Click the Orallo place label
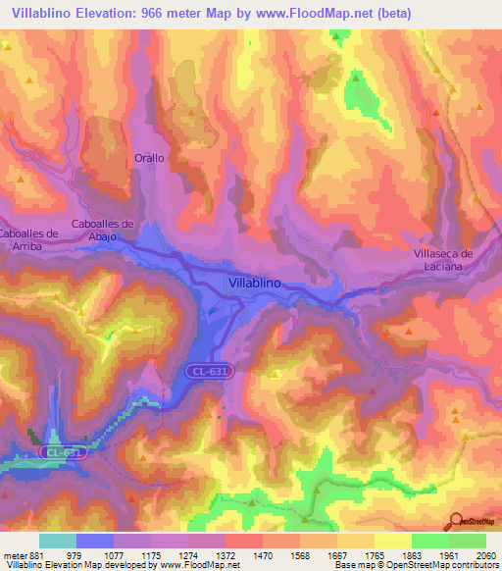click(149, 157)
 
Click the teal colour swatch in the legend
click(57, 540)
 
